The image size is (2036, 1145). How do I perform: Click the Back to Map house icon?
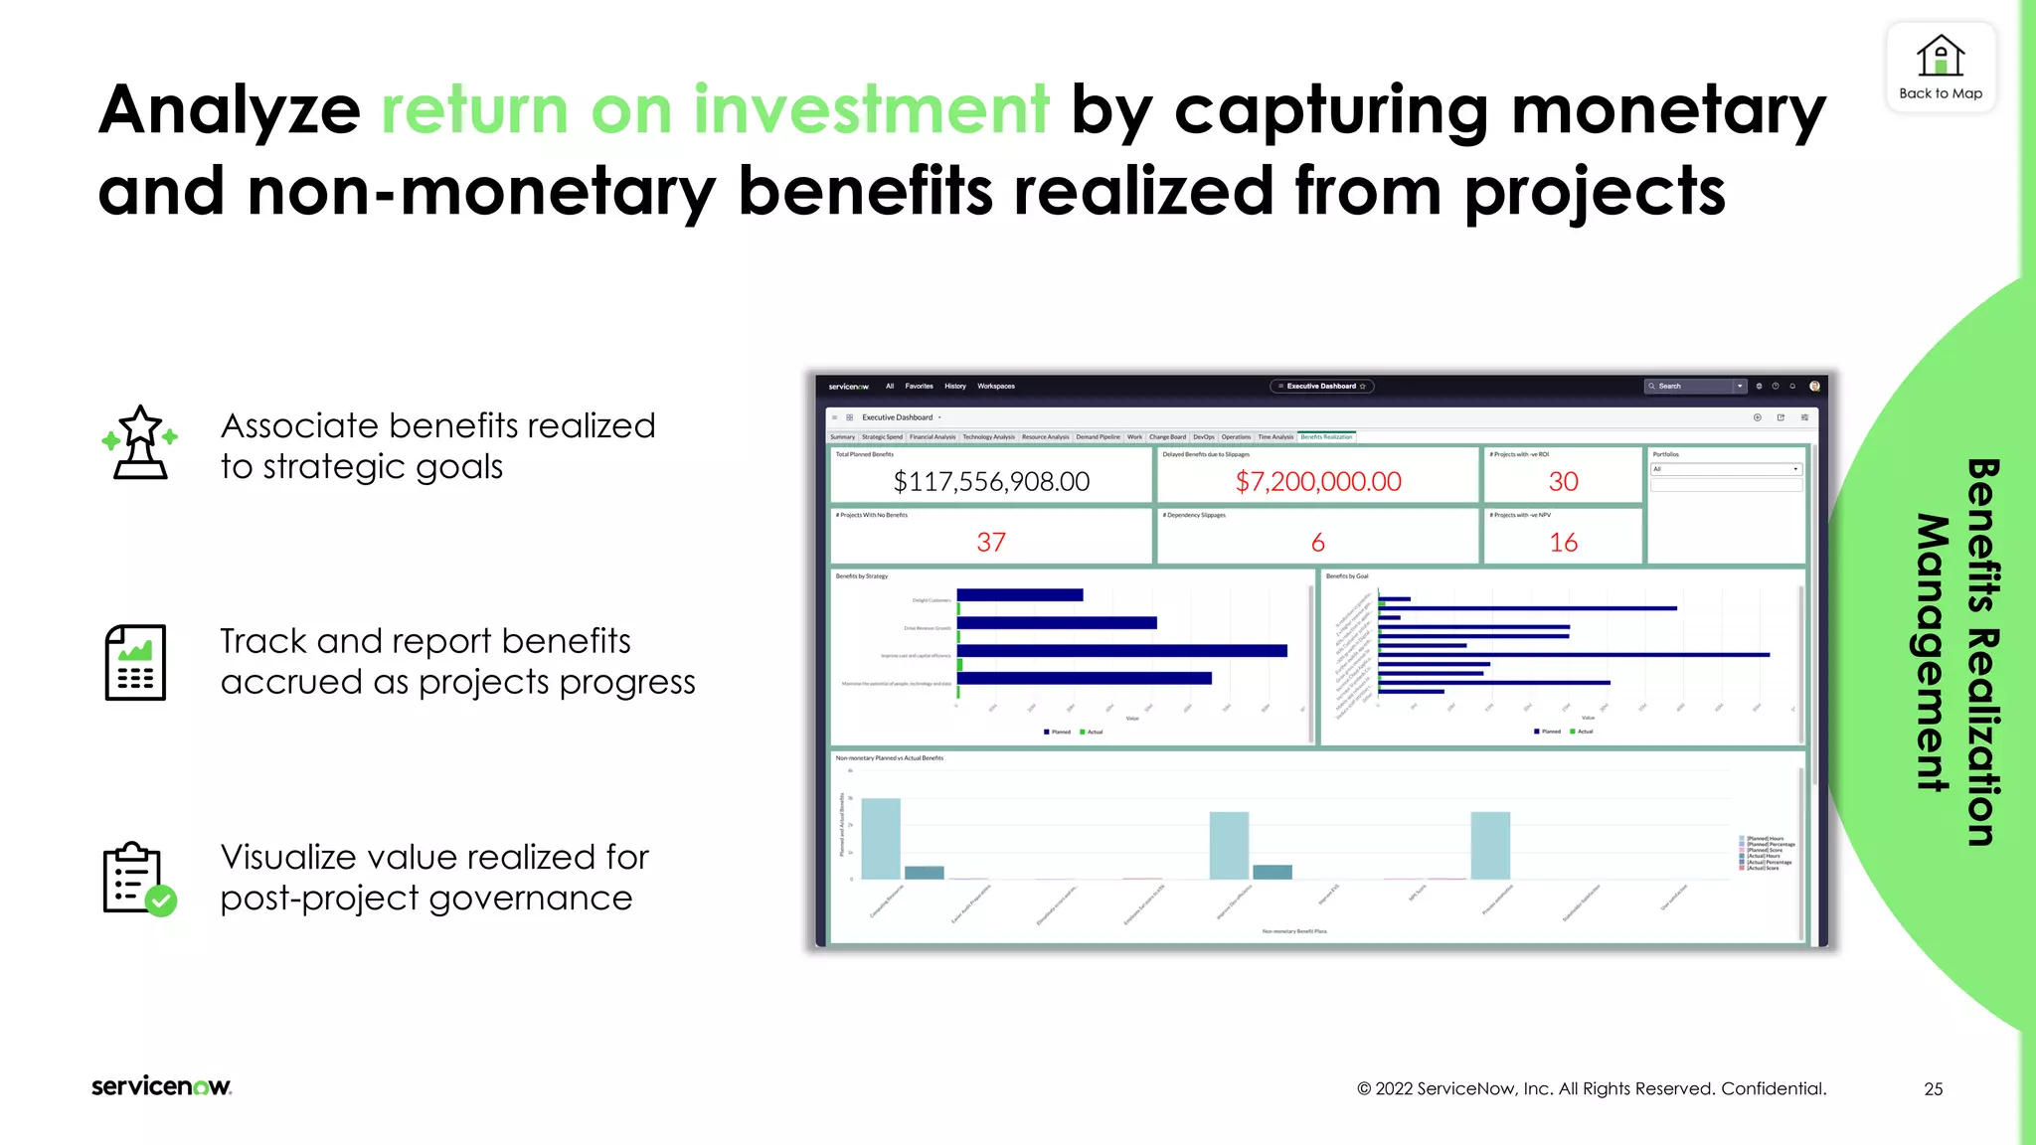point(1940,56)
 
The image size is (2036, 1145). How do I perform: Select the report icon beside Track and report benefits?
point(135,662)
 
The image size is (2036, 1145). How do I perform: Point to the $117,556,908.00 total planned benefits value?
point(991,482)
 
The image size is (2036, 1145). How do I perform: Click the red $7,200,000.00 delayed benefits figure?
point(1317,482)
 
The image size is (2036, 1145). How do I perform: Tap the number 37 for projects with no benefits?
point(991,543)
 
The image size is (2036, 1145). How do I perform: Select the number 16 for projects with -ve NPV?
point(1563,543)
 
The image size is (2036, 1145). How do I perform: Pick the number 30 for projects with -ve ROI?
point(1563,482)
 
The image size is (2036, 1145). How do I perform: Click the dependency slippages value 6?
point(1317,543)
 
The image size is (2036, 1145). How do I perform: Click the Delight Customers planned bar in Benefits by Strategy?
point(1019,595)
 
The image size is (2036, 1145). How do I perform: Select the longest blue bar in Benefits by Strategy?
point(1121,651)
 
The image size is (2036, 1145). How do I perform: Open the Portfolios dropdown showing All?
point(1726,469)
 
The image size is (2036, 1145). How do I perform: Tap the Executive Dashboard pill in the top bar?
point(1321,386)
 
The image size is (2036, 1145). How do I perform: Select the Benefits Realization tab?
point(1326,437)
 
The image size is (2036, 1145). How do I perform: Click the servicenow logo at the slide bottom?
point(161,1086)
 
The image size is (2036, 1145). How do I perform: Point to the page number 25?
point(1933,1089)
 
